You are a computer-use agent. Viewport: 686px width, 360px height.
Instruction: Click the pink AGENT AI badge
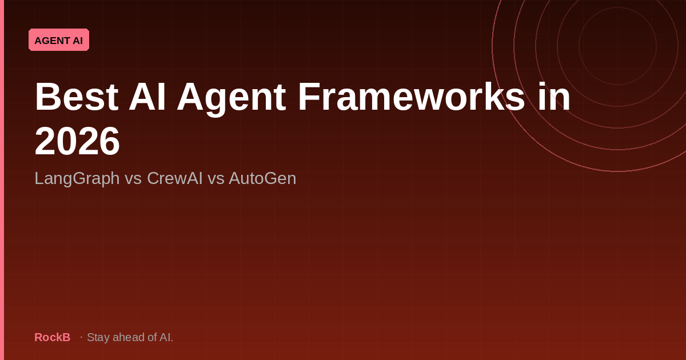(x=59, y=40)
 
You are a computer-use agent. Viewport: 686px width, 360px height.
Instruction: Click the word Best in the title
(x=76, y=97)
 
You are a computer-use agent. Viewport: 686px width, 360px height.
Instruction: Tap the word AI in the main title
(x=147, y=97)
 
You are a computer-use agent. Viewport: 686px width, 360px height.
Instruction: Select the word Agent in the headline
(x=231, y=97)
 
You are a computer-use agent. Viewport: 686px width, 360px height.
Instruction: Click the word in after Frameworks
(x=553, y=97)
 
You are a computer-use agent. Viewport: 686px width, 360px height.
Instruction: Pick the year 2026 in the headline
(x=77, y=141)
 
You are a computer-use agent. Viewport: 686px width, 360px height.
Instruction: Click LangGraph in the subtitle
(x=77, y=178)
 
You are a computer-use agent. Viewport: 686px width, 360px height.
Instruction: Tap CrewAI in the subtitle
(x=174, y=178)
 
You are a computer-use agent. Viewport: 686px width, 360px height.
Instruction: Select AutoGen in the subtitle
(x=262, y=178)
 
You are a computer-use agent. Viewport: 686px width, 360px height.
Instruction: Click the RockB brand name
(x=52, y=337)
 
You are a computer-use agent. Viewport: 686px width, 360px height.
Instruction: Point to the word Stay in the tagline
(x=98, y=337)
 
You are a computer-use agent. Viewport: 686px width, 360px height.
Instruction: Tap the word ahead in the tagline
(x=129, y=337)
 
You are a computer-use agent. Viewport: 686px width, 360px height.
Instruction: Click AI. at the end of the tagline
(x=166, y=337)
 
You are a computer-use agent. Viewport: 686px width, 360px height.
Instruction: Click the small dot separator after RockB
(x=81, y=337)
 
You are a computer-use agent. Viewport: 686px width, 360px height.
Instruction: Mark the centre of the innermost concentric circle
(x=617, y=46)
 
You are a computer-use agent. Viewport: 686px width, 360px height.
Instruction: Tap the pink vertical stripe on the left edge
(x=2, y=180)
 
